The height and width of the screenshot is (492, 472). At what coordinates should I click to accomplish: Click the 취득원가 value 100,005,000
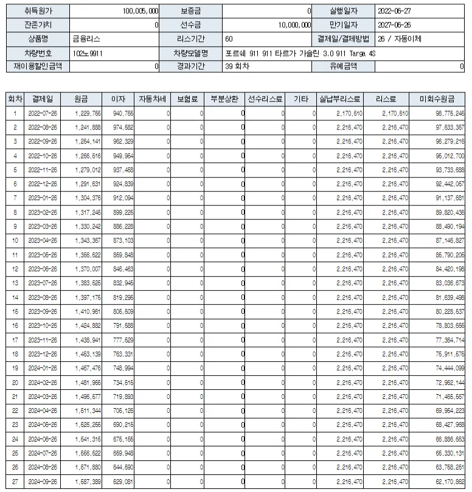tap(141, 10)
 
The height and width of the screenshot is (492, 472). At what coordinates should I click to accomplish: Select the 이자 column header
tap(117, 99)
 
